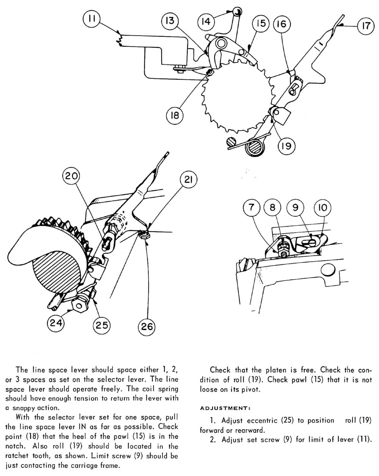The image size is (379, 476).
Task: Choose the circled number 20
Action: (72, 176)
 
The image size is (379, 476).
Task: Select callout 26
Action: (146, 326)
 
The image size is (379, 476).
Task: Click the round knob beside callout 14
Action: (237, 11)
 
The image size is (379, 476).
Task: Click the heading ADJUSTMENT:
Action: (225, 408)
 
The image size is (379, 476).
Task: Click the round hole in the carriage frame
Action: (327, 270)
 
